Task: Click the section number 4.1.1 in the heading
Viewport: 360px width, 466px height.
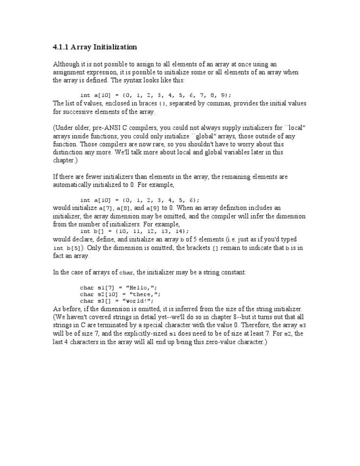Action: coord(60,47)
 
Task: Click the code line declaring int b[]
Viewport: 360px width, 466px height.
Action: coord(135,231)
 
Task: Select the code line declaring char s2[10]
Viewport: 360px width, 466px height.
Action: coord(120,294)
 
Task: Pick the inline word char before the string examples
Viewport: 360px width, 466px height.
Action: coord(127,271)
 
